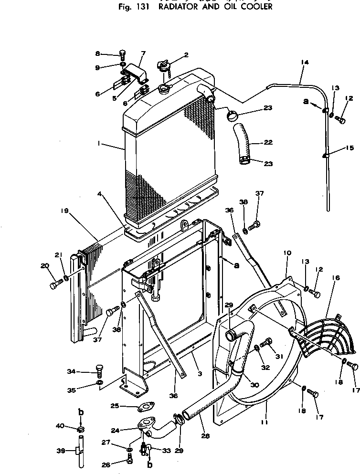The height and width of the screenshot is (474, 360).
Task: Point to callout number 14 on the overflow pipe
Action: (305, 63)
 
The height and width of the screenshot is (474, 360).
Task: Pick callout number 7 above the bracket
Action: (143, 53)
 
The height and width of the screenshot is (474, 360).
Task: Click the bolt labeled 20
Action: (53, 285)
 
